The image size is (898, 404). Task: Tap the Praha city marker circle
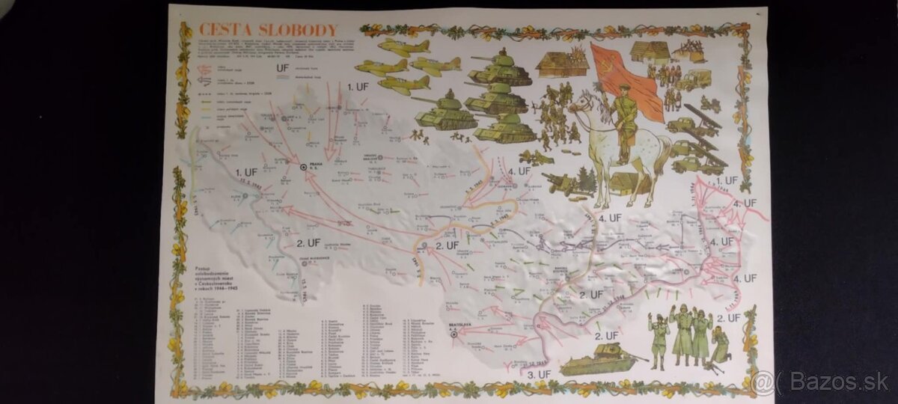click(x=304, y=167)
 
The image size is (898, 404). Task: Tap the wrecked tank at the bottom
click(x=597, y=362)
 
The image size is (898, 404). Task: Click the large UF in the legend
click(x=283, y=69)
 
